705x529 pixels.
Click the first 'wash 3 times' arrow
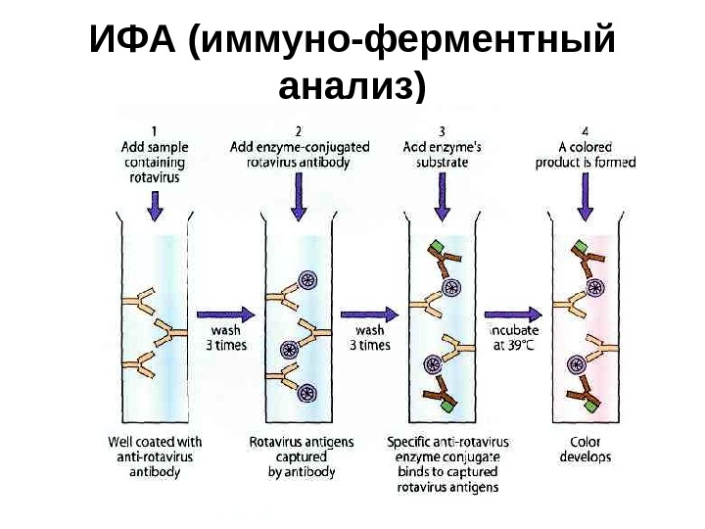tap(226, 315)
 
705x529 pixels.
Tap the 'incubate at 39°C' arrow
tap(513, 315)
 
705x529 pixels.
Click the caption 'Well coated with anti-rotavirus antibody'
tap(155, 457)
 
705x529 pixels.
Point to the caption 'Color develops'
tap(586, 450)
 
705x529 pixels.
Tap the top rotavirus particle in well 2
tap(307, 281)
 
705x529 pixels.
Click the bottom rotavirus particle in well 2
tap(307, 394)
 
